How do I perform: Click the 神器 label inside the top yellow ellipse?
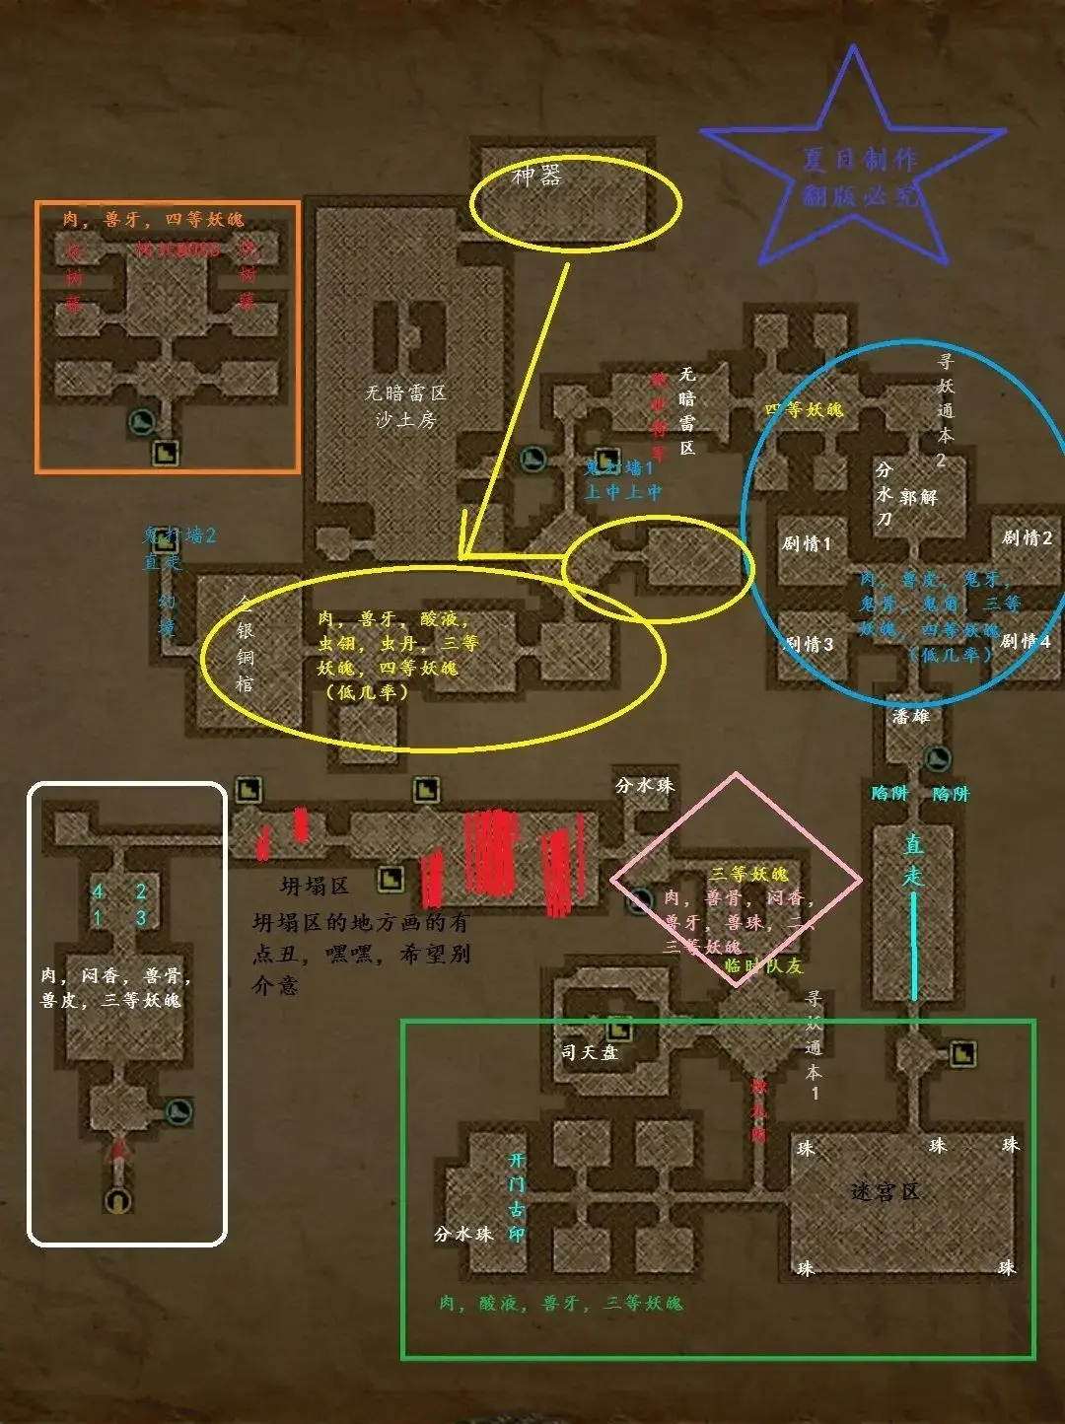pyautogui.click(x=537, y=177)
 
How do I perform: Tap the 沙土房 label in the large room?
pyautogui.click(x=405, y=420)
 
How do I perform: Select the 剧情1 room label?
pyautogui.click(x=807, y=543)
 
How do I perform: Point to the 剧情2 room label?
pyautogui.click(x=1027, y=537)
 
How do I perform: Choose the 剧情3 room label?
pyautogui.click(x=809, y=645)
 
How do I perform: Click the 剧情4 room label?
pyautogui.click(x=1026, y=642)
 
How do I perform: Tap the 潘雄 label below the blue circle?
pyautogui.click(x=910, y=716)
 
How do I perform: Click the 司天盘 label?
pyautogui.click(x=590, y=1052)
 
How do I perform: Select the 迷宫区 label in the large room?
pyautogui.click(x=885, y=1192)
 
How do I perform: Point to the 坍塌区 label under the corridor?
pyautogui.click(x=314, y=886)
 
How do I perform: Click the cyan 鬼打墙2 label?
pyautogui.click(x=178, y=535)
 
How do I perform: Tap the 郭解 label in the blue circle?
pyautogui.click(x=918, y=497)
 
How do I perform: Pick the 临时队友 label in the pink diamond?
pyautogui.click(x=763, y=965)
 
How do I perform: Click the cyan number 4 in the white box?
pyautogui.click(x=98, y=891)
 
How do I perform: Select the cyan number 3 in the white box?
pyautogui.click(x=141, y=917)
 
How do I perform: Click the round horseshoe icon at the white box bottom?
pyautogui.click(x=118, y=1200)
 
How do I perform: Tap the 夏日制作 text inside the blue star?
pyautogui.click(x=860, y=160)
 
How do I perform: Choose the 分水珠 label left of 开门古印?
pyautogui.click(x=463, y=1234)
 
